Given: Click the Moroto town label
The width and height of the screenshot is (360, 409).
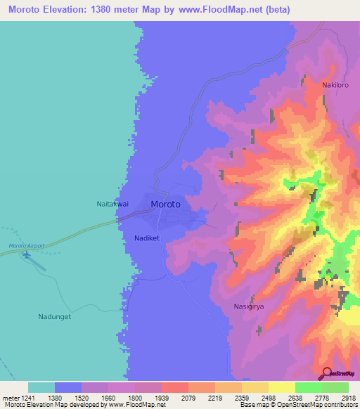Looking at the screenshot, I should [165, 204].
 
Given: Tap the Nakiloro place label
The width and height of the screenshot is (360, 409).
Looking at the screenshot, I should [335, 85].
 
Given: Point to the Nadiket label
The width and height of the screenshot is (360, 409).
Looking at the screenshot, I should [148, 238].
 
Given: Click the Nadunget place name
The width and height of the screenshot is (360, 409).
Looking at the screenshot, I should [54, 317].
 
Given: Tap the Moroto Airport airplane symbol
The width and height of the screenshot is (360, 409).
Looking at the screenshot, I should [27, 254].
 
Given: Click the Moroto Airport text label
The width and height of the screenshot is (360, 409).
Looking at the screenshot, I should [27, 245].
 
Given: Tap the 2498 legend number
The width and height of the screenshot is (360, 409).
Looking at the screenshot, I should [255, 397].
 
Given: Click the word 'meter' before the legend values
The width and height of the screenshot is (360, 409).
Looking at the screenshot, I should [8, 397].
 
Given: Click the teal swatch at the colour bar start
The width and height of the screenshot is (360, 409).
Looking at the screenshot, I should [41, 387].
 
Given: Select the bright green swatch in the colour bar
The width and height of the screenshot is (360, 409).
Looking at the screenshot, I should [308, 387].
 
